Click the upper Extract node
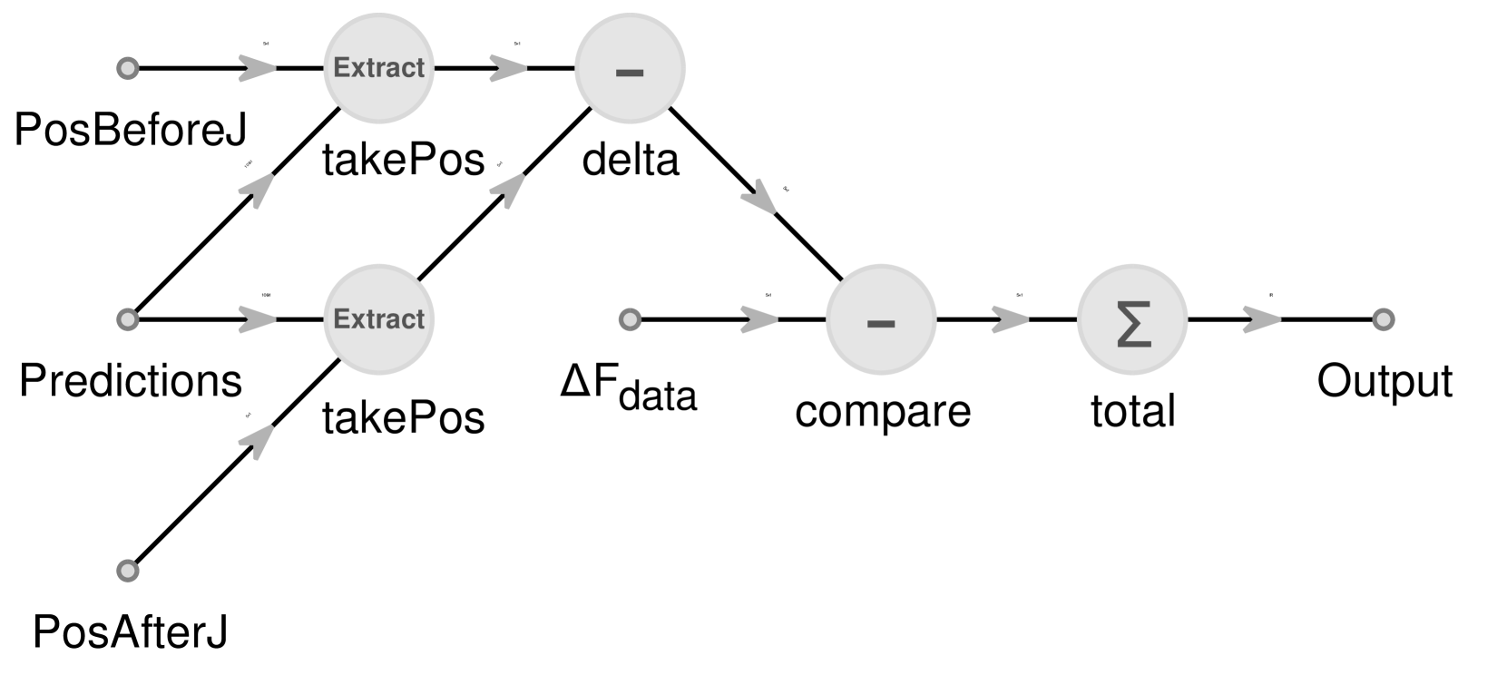click(x=378, y=68)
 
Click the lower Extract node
click(x=378, y=319)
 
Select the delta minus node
click(x=630, y=68)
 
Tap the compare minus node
click(x=881, y=319)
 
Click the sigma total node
click(x=1132, y=319)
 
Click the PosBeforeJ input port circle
click(x=128, y=68)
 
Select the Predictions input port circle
click(x=128, y=319)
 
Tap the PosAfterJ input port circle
click(x=128, y=571)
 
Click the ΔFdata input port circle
click(x=630, y=319)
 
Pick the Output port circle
click(x=1383, y=319)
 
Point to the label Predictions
click(x=131, y=381)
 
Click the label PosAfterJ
click(x=131, y=632)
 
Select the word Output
click(x=1385, y=381)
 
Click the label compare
click(x=883, y=411)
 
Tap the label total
click(x=1132, y=411)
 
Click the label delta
click(x=631, y=161)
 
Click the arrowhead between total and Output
click(x=1261, y=319)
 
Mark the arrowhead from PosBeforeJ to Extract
click(x=259, y=68)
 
